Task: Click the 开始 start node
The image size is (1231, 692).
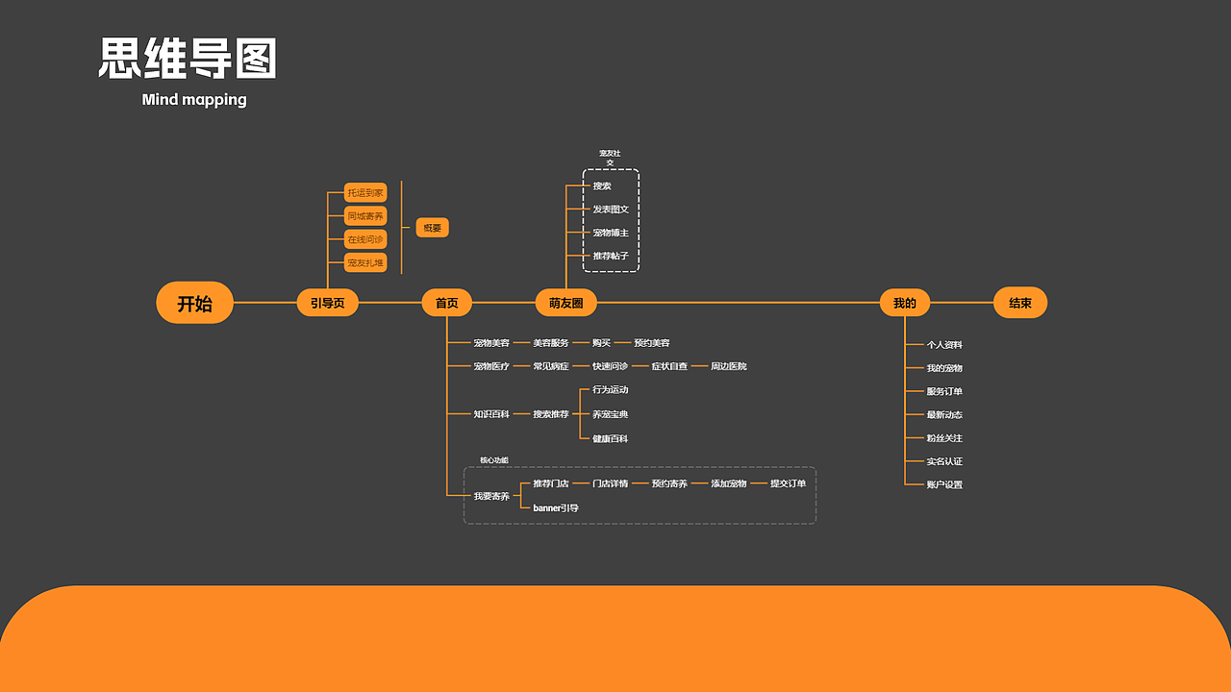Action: pos(194,304)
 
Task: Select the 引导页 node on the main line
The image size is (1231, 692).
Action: pos(327,303)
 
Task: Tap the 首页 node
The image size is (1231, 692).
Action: pos(447,303)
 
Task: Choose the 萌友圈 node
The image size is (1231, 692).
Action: pos(565,303)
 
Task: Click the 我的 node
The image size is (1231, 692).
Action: pos(905,303)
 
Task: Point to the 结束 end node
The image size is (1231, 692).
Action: pos(1019,303)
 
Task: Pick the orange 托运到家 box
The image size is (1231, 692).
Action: pos(365,193)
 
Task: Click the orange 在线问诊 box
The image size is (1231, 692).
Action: pos(365,239)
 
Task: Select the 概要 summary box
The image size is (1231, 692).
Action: pos(433,228)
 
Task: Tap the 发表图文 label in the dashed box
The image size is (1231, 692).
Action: pos(611,210)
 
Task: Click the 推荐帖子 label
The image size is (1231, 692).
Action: pos(611,257)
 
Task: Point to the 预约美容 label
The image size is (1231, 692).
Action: pos(652,343)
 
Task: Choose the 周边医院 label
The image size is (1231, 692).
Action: pos(729,366)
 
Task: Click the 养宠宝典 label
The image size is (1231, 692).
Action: pos(611,414)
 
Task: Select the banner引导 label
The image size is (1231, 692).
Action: pos(556,507)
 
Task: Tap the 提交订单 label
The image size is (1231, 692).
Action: pos(789,483)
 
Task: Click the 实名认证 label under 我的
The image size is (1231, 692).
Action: pos(944,461)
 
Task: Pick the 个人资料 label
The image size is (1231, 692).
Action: pos(944,344)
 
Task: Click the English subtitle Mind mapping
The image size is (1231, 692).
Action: pos(194,99)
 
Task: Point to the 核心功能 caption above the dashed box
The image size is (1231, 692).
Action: pos(494,460)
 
